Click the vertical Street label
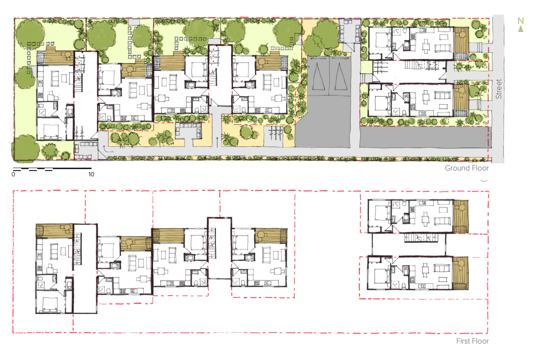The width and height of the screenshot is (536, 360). coord(499,90)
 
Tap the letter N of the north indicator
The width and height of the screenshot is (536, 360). coord(521,20)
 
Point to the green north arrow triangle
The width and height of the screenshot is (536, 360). coord(521,29)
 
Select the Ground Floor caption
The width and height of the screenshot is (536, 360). coord(467,168)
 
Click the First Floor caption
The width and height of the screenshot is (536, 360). coord(472,341)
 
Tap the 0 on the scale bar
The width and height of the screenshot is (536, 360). coord(14,174)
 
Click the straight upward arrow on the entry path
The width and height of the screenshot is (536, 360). coord(217,141)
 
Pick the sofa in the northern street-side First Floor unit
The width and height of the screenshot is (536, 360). coord(442,221)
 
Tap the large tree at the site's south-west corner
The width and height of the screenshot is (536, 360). coord(24,148)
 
